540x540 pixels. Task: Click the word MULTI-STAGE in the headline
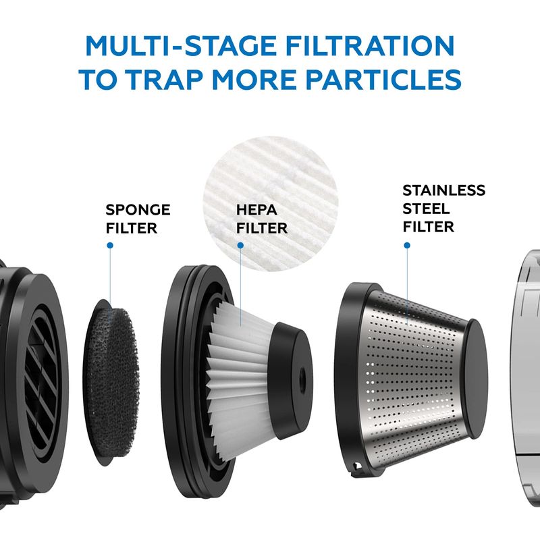180,46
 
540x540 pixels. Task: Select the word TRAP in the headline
165,79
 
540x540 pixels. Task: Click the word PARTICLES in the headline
383,79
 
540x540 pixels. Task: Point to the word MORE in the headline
254,79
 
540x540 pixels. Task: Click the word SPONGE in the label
138,210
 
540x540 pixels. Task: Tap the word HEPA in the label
256,210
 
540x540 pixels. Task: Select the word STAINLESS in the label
444,190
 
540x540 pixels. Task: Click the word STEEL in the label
426,209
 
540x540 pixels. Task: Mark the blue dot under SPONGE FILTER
110,245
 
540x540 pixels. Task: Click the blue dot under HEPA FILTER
241,245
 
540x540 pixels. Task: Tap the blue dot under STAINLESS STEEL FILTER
407,245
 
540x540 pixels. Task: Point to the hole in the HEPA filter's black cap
302,374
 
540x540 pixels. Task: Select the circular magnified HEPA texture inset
271,203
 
